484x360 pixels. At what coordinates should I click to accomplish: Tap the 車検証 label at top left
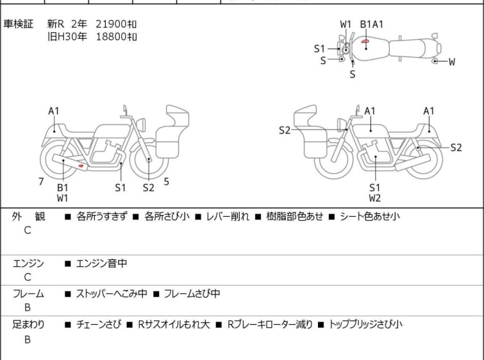coord(18,24)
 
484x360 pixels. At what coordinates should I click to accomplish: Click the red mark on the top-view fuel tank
coord(365,41)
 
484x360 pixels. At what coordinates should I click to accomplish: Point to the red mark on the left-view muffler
coord(81,166)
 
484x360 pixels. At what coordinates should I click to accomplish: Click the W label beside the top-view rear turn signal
coord(451,62)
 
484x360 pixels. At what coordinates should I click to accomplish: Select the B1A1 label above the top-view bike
coord(372,24)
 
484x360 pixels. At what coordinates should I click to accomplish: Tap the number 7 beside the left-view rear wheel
coord(41,182)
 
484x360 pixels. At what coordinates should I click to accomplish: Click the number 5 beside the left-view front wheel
coord(167,182)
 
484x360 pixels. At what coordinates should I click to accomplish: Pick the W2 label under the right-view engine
coord(375,198)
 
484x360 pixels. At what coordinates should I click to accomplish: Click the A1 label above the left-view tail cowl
coord(54,111)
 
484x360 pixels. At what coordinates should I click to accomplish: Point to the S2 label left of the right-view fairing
coord(284,130)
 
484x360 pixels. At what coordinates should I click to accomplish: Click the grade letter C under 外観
coord(28,230)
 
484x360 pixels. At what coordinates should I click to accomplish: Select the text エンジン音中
coord(101,263)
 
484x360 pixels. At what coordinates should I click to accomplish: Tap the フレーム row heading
coord(28,293)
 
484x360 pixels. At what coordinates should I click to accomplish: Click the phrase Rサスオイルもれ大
coord(174,325)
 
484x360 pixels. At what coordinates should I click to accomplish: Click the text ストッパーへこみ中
coord(112,293)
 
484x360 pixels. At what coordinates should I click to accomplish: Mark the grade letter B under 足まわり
coord(28,339)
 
